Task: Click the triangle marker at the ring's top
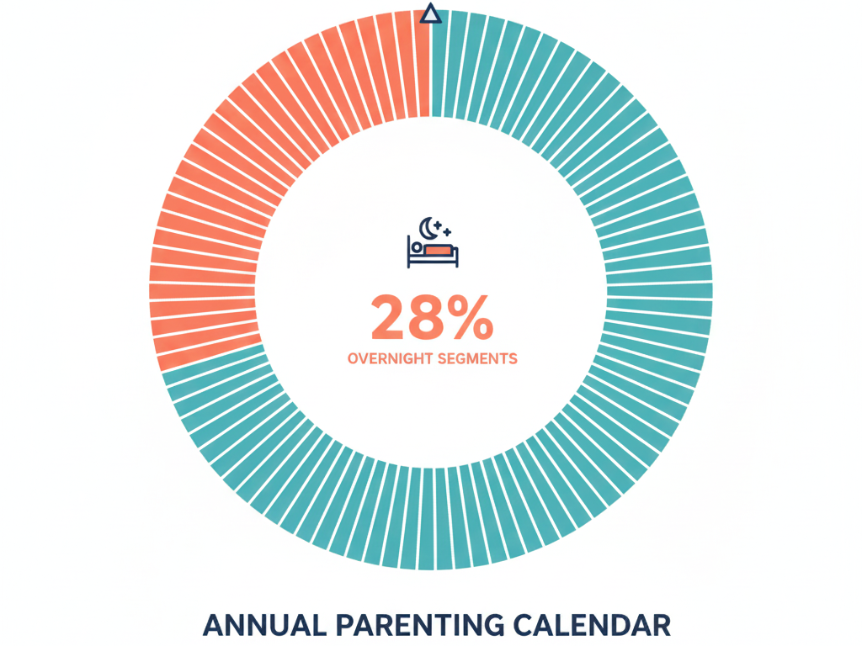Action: [430, 13]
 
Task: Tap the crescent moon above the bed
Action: [429, 226]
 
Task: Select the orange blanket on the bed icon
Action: [439, 250]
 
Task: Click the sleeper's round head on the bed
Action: [417, 249]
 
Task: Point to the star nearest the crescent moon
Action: [439, 221]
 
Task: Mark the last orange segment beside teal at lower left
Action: [209, 354]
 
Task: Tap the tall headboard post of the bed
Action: [409, 252]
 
